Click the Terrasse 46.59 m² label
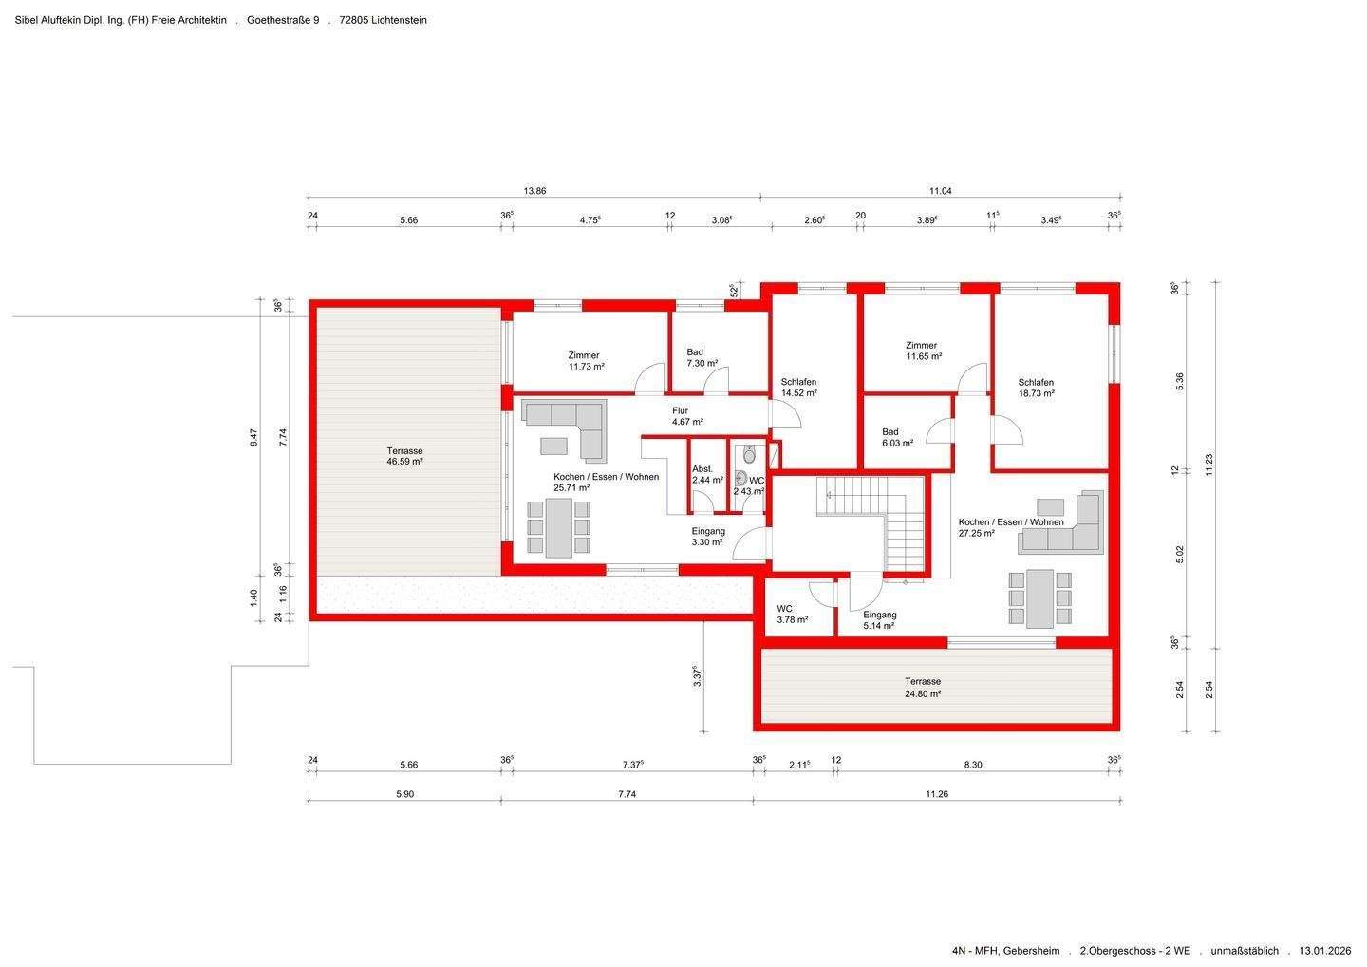(404, 456)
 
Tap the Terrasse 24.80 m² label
(923, 688)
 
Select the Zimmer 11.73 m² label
(586, 361)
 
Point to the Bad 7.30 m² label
(702, 358)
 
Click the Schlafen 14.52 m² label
(799, 388)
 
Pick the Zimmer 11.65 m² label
(924, 351)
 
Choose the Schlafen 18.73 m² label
(1037, 389)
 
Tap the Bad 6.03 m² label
(897, 438)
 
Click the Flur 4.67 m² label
(687, 416)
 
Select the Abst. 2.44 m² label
(707, 474)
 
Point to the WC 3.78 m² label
(792, 615)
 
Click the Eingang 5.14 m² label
(879, 620)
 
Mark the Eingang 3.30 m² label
(708, 537)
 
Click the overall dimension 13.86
(534, 191)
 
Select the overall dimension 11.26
(937, 794)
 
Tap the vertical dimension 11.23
(1209, 465)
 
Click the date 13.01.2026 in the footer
(1325, 951)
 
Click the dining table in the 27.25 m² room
(1039, 598)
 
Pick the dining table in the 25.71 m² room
(558, 528)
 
